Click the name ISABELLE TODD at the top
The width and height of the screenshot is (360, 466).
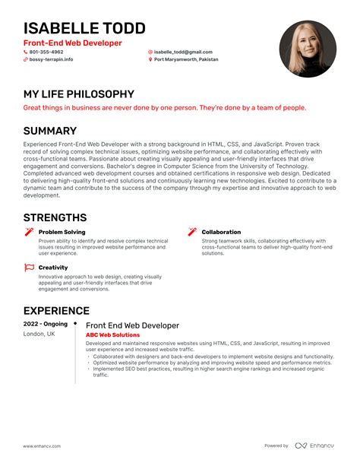(x=84, y=28)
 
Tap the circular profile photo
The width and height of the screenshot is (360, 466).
(x=308, y=49)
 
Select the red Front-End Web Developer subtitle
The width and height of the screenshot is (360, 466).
(x=72, y=43)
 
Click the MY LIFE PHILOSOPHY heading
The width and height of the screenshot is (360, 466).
(x=78, y=94)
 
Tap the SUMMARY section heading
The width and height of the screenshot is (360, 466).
(x=49, y=131)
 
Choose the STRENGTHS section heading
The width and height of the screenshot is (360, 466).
(x=55, y=217)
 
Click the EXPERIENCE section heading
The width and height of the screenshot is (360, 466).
(x=56, y=310)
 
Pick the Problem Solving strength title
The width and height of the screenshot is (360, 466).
(x=62, y=232)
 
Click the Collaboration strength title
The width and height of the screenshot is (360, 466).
(x=221, y=232)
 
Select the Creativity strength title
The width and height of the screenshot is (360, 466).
(x=53, y=268)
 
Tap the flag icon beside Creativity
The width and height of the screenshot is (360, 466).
(x=30, y=268)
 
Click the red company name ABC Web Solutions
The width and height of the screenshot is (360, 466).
(x=112, y=334)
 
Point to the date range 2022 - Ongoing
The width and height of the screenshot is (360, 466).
(x=45, y=324)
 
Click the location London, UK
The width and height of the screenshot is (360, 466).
(x=39, y=334)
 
